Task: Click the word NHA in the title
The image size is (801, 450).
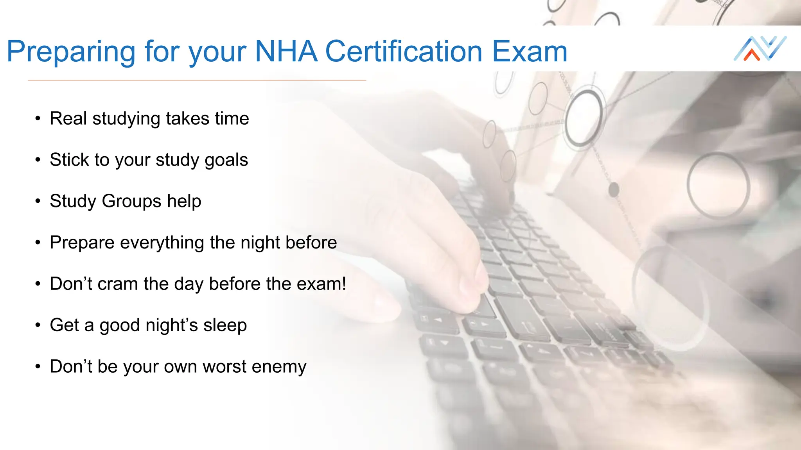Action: pos(286,52)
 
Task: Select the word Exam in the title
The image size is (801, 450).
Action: pos(530,52)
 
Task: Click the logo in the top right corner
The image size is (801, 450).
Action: pos(760,48)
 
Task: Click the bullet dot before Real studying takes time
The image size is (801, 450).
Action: pos(38,119)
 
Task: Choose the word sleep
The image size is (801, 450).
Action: pos(225,325)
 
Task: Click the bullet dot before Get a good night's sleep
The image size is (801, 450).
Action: pos(38,325)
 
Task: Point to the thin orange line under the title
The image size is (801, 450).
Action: pos(197,80)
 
